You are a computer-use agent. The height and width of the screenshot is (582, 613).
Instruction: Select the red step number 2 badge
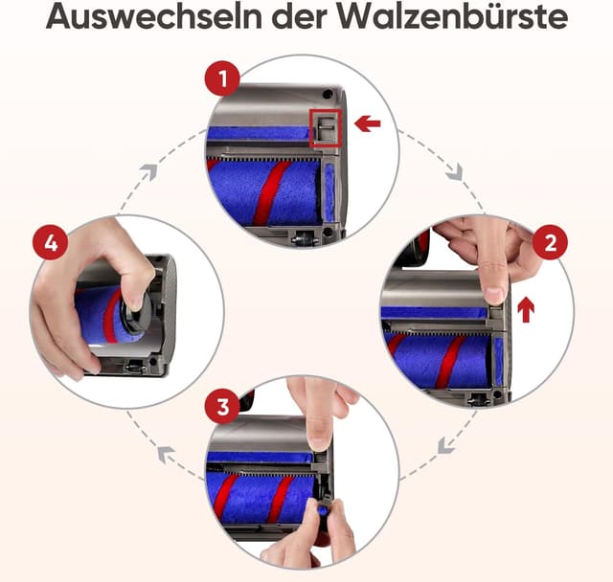[x=549, y=243]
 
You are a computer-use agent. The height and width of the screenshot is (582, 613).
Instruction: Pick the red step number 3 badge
[x=223, y=407]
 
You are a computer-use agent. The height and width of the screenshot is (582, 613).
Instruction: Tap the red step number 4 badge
[x=51, y=243]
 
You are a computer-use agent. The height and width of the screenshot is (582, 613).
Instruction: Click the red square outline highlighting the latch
[x=326, y=126]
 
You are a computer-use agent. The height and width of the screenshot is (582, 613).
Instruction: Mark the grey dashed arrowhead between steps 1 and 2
[x=454, y=173]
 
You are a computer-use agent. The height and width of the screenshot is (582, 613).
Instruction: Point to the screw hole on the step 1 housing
[x=328, y=96]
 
